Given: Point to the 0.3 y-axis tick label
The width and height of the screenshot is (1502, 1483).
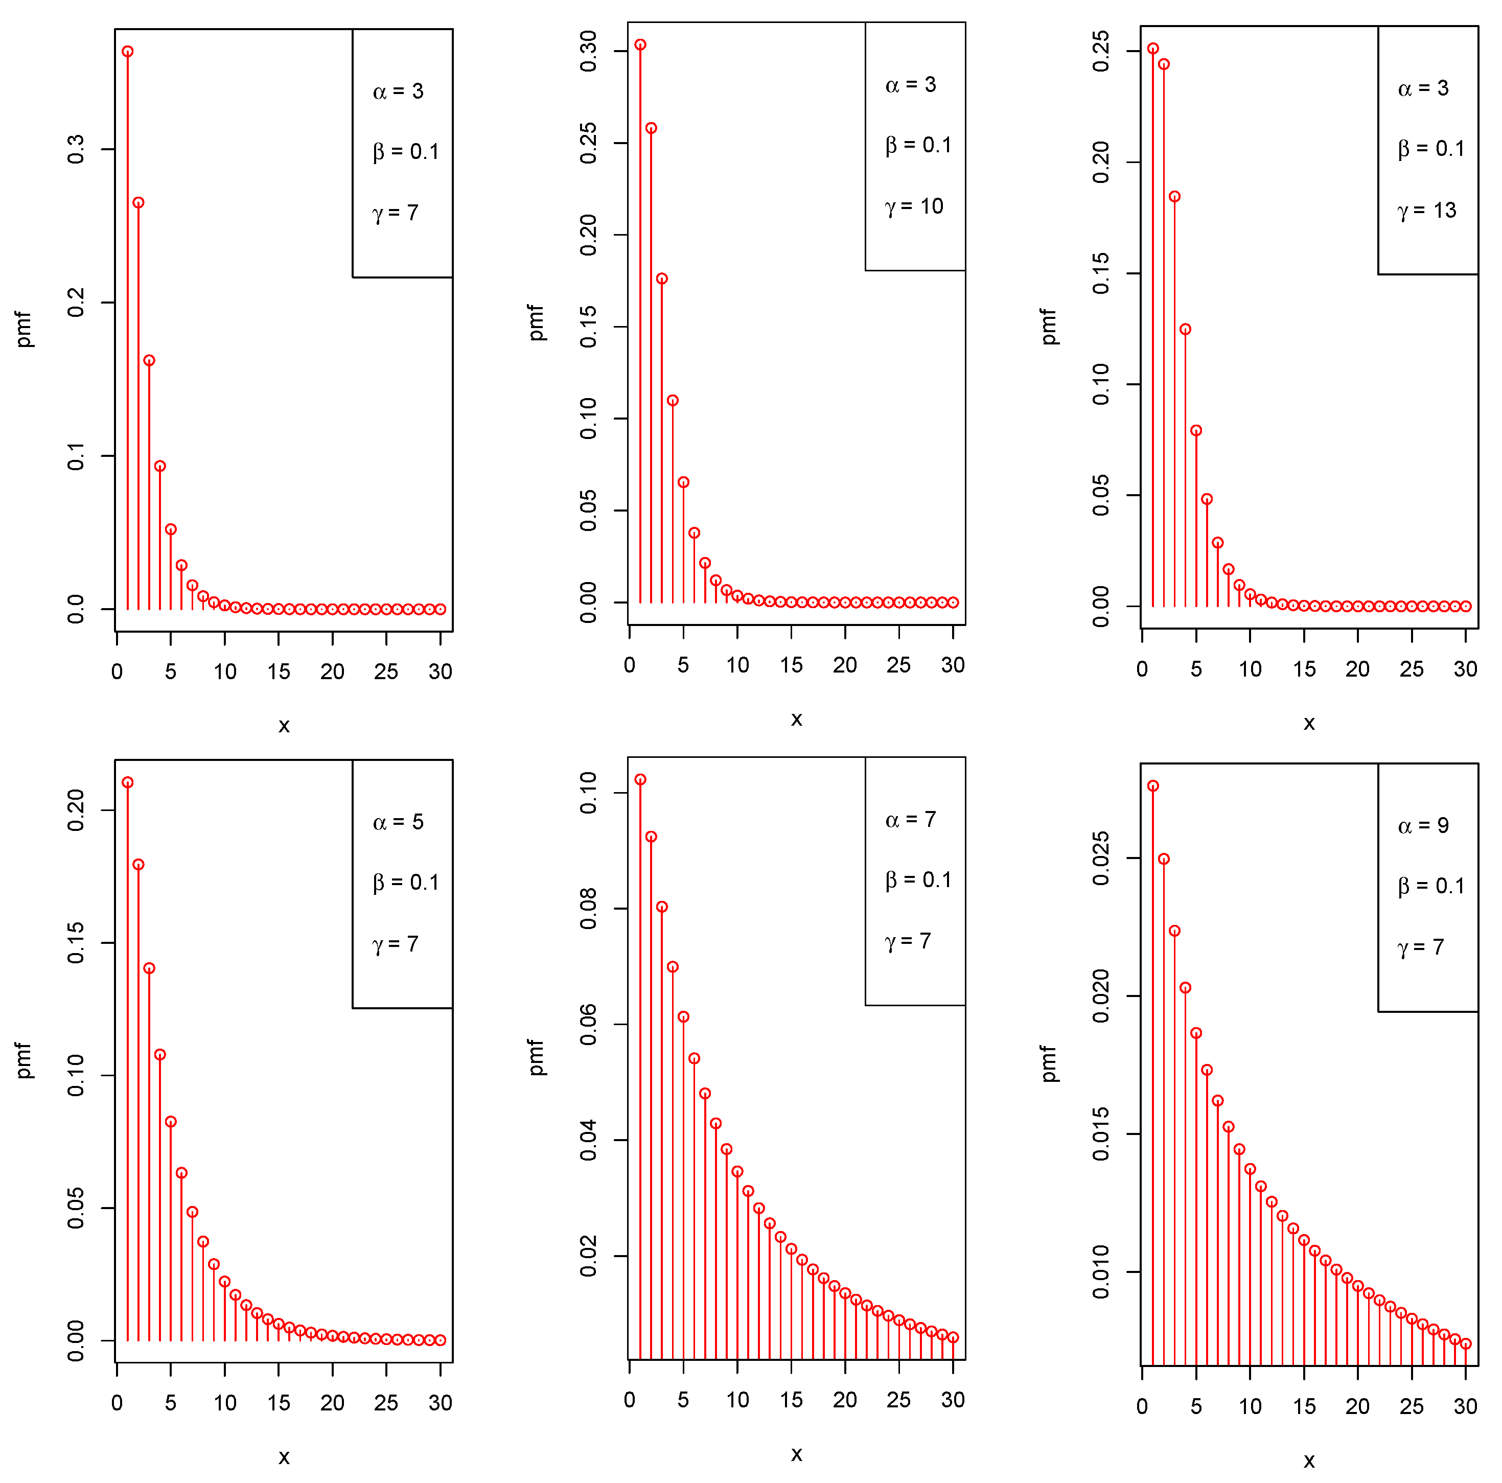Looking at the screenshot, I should point(76,149).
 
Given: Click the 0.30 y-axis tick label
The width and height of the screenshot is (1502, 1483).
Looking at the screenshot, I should point(589,51).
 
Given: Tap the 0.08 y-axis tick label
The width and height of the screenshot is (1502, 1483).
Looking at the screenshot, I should point(589,909).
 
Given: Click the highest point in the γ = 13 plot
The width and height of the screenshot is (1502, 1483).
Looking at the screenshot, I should point(1153,49).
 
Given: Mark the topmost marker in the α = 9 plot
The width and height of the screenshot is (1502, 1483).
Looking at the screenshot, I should point(1153,786).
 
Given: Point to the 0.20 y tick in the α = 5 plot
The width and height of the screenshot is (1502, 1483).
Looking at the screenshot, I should point(76,810).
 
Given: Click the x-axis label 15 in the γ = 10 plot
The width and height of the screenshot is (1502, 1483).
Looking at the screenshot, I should point(792,665).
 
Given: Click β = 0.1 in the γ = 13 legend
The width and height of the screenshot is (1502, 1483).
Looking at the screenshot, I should point(1430,149).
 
